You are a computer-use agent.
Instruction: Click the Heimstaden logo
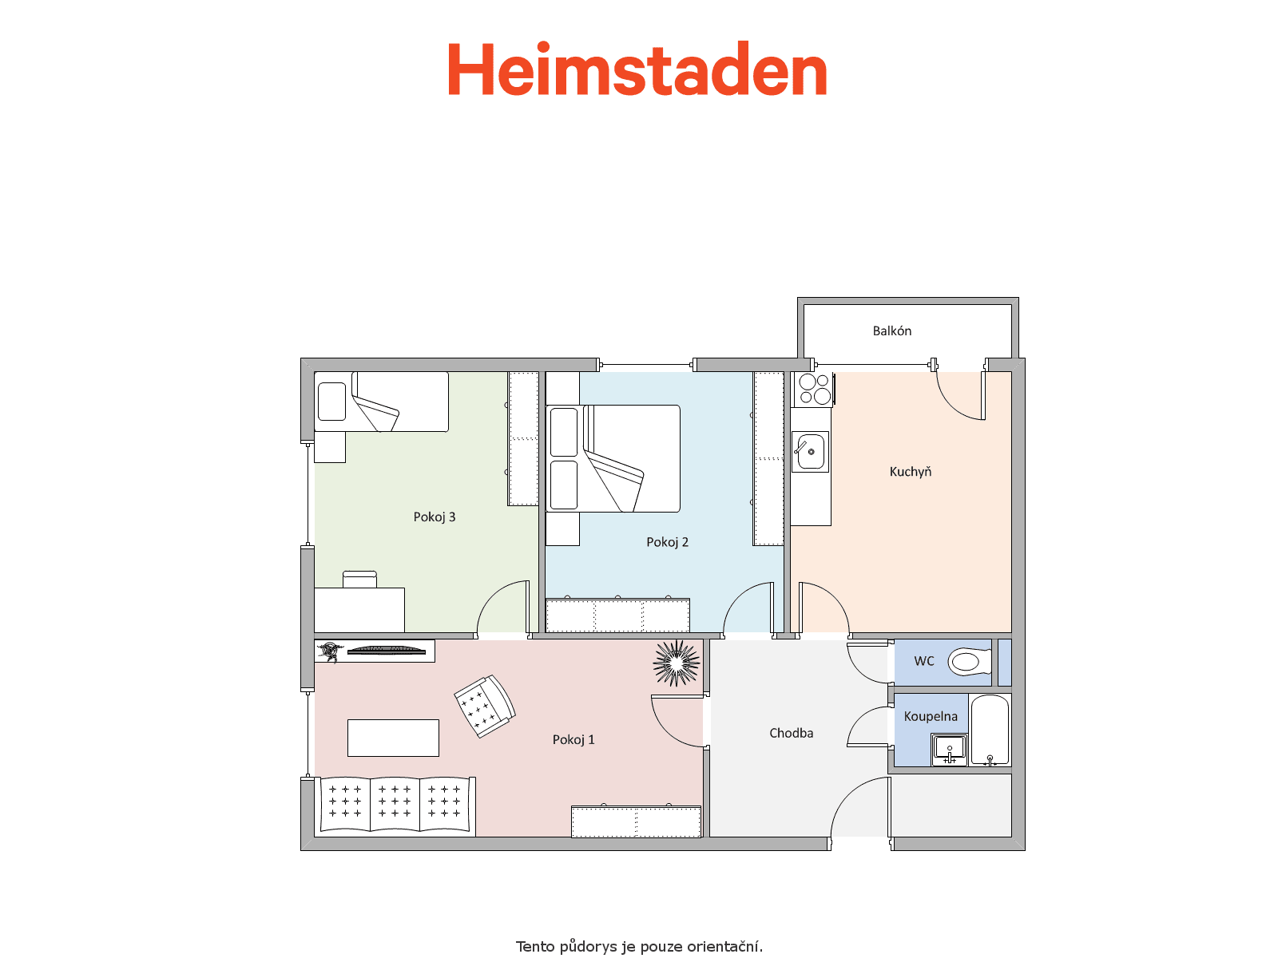[x=637, y=69]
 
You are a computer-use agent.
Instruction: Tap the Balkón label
[x=891, y=331]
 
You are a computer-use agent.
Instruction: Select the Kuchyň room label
[x=910, y=472]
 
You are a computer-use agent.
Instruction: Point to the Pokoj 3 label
[x=435, y=517]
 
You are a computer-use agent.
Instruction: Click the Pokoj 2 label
[x=667, y=542]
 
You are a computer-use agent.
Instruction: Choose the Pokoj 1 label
[x=574, y=739]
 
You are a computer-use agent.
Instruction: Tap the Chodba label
[x=791, y=733]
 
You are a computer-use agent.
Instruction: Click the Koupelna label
[x=931, y=717]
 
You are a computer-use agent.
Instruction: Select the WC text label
[x=924, y=661]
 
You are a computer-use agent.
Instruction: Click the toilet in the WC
[x=970, y=662]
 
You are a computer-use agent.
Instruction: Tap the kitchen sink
[x=810, y=451]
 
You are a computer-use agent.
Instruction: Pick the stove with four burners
[x=814, y=389]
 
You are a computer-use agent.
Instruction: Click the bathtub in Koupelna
[x=990, y=730]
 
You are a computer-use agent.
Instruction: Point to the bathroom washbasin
[x=949, y=750]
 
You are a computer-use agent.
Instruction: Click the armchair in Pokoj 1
[x=485, y=707]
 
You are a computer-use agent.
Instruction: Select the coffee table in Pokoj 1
[x=393, y=738]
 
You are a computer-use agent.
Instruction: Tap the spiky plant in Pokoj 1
[x=676, y=663]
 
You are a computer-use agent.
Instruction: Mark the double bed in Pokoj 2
[x=613, y=459]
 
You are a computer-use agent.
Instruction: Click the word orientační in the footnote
[x=724, y=946]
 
